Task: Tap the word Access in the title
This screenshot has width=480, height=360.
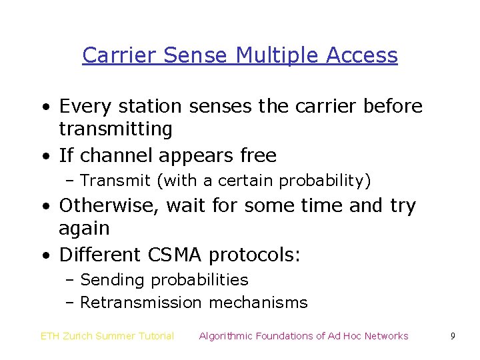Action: tap(362, 55)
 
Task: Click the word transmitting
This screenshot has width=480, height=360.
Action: tap(115, 129)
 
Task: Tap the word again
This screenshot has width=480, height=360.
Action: tap(84, 229)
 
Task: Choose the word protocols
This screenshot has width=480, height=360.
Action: tap(254, 255)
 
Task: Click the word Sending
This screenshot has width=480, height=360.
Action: tap(113, 280)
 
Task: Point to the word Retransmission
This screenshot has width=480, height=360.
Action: tap(140, 303)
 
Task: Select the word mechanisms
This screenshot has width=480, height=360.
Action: tap(258, 303)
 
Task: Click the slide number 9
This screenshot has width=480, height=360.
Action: tap(452, 336)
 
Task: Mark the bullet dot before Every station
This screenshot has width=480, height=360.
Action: tap(44, 107)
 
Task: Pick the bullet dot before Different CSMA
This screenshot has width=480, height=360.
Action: tap(44, 256)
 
